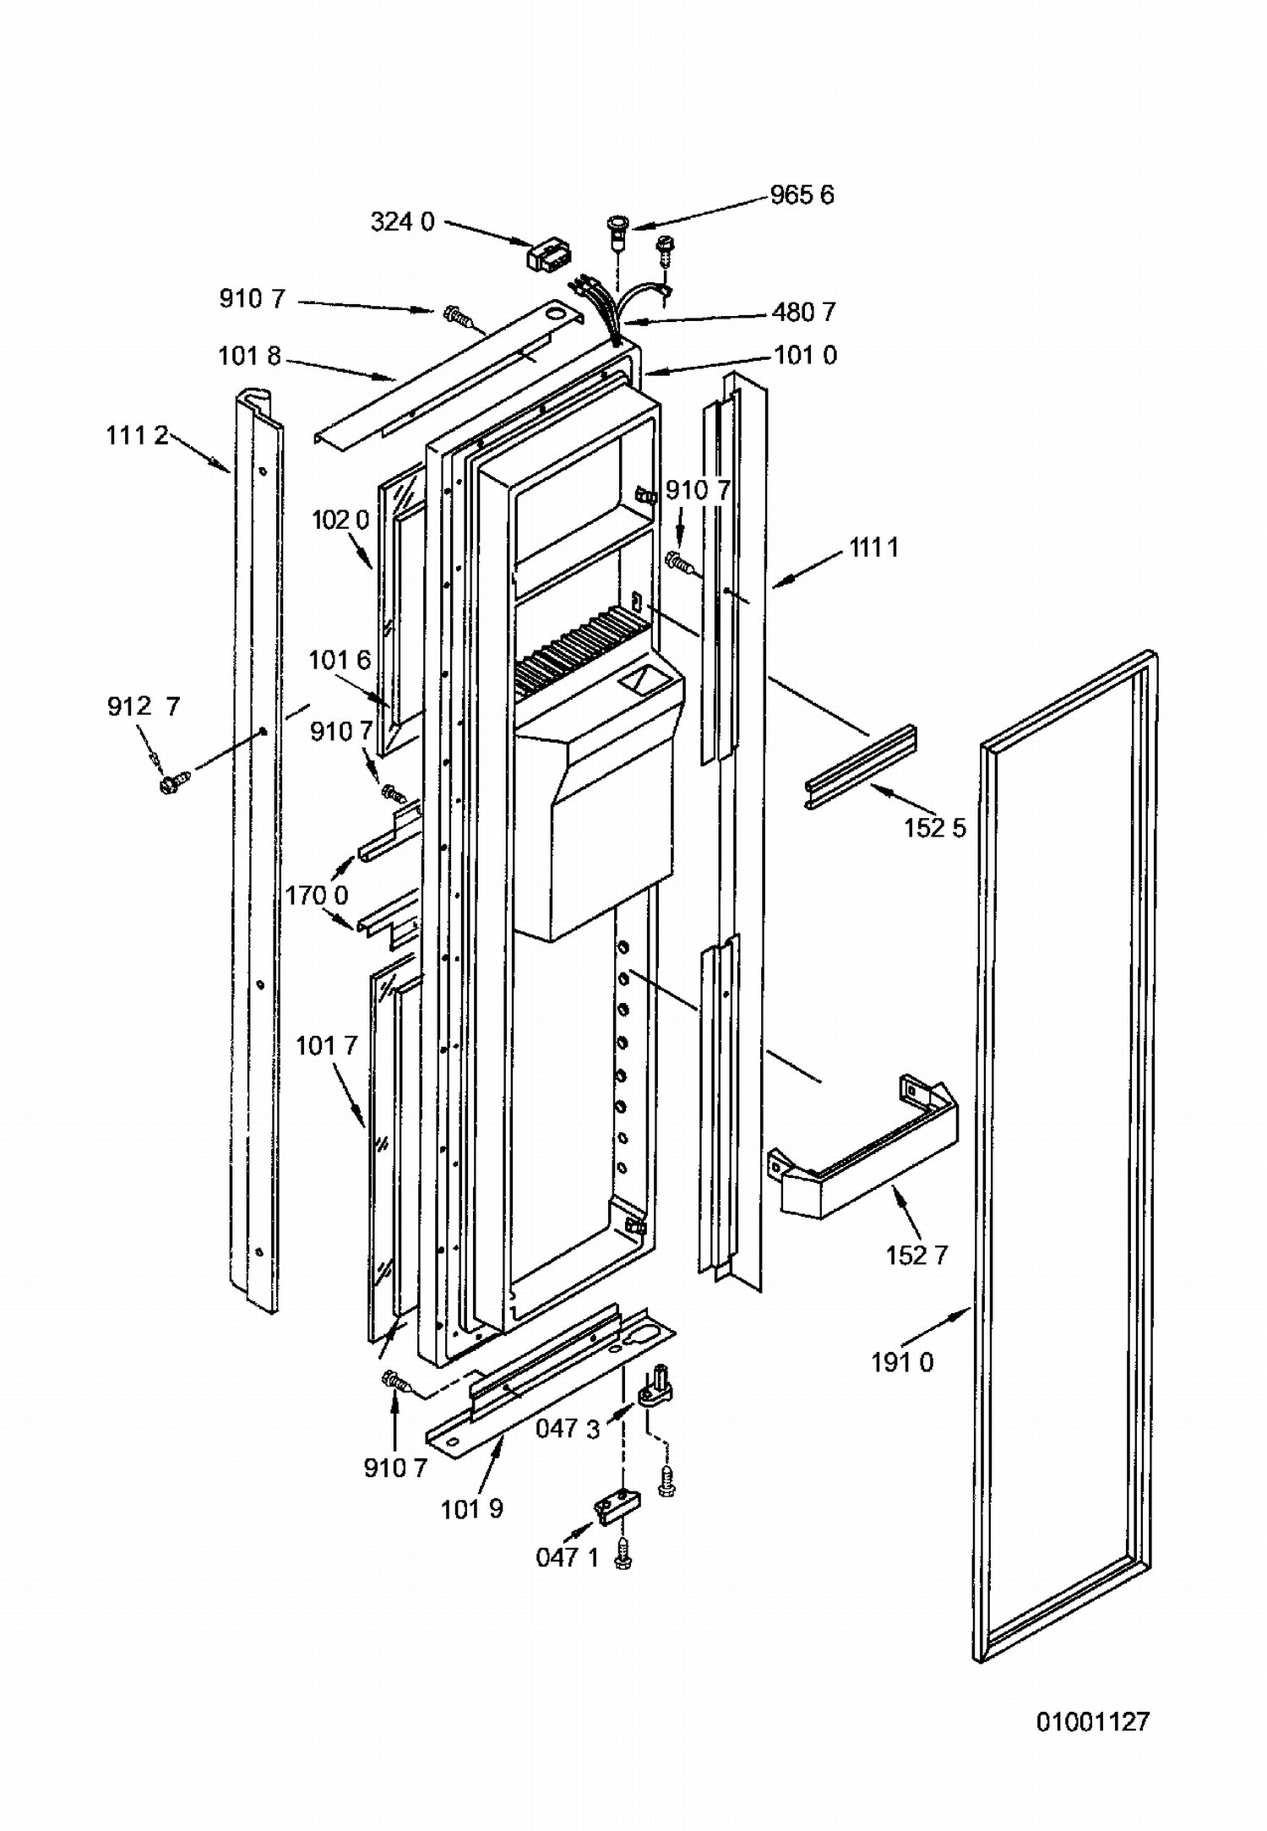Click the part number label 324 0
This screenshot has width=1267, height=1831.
[x=402, y=222]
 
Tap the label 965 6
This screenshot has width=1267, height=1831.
[x=802, y=195]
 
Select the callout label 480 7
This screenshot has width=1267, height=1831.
[x=803, y=313]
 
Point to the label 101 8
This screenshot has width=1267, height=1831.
[x=249, y=357]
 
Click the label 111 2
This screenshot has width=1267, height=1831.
[x=137, y=436]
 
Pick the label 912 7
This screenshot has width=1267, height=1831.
[x=144, y=706]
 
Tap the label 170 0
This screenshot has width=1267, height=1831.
[x=317, y=895]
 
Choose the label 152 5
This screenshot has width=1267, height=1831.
[x=934, y=828]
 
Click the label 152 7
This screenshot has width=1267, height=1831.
[x=916, y=1256]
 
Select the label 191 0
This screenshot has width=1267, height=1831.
[x=902, y=1363]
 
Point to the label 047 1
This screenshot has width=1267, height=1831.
[x=567, y=1557]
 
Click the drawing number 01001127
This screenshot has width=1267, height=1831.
[x=1093, y=1721]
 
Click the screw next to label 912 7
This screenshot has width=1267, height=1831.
[x=174, y=783]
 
